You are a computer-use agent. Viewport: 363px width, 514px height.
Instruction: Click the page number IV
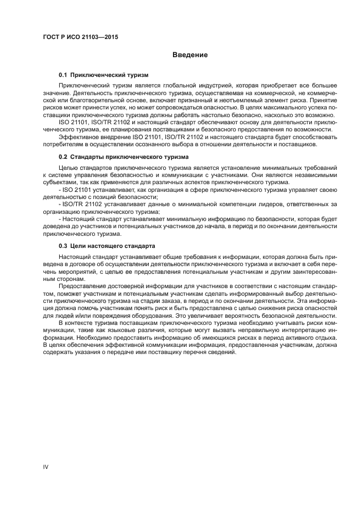click(46, 467)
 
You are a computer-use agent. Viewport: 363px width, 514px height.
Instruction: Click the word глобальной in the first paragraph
click(177, 86)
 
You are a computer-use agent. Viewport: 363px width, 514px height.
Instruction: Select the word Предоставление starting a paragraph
click(84, 287)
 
